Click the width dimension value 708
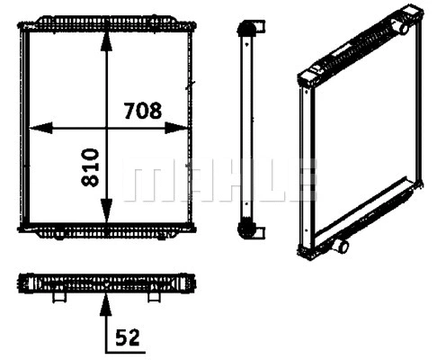point(142,111)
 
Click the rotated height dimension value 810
point(90,168)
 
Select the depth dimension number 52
point(127,338)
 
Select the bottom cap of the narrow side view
point(245,231)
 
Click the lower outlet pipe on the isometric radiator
point(343,245)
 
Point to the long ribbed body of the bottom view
point(106,283)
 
